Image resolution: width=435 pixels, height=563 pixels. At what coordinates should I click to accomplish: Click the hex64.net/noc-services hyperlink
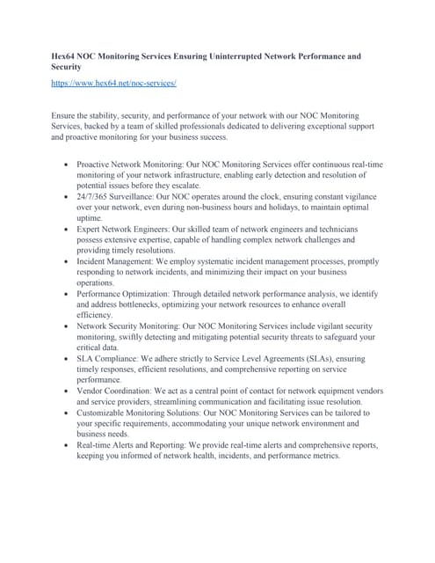(x=114, y=82)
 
